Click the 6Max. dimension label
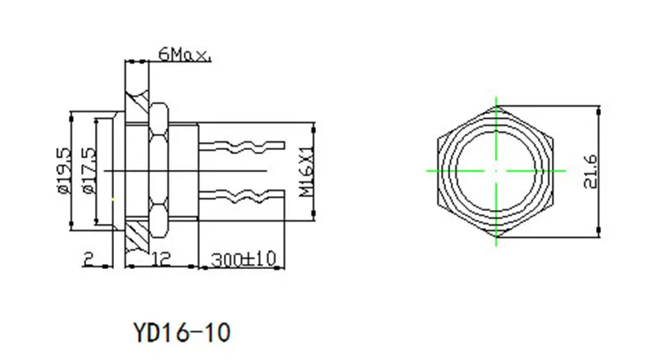click(185, 56)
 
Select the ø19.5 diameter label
click(62, 170)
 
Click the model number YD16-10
click(181, 332)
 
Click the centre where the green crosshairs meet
click(497, 170)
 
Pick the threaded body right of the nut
click(184, 170)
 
